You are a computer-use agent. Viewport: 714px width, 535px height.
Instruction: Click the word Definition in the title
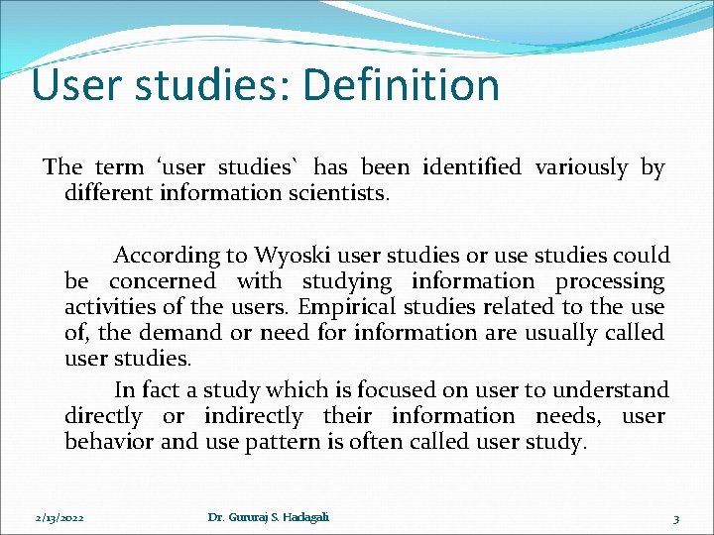pyautogui.click(x=402, y=85)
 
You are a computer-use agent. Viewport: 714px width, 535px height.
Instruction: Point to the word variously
pyautogui.click(x=580, y=167)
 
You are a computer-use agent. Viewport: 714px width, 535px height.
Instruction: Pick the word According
pyautogui.click(x=167, y=256)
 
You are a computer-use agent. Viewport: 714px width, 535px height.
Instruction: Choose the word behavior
pyautogui.click(x=108, y=442)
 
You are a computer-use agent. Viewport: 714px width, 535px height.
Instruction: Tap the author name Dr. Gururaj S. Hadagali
pyautogui.click(x=269, y=517)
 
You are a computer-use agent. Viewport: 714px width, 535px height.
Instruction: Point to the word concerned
pyautogui.click(x=163, y=282)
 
